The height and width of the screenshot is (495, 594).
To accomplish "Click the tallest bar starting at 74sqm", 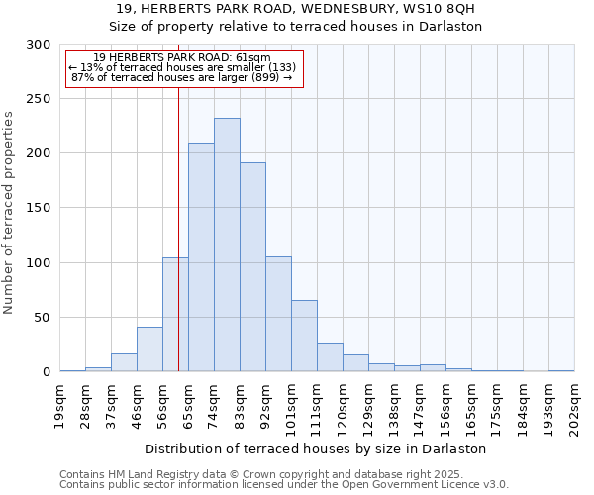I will coord(227,246).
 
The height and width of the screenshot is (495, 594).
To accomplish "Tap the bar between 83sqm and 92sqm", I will coord(252,267).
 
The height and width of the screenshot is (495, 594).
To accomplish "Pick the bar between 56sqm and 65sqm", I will coord(175,315).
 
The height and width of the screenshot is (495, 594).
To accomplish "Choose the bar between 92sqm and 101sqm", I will coord(278,315).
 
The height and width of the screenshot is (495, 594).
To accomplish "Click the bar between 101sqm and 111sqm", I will coord(304,336).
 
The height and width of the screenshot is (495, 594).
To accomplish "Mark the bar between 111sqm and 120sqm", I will coord(330,357).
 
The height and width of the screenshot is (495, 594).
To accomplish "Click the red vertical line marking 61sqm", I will coord(178,198).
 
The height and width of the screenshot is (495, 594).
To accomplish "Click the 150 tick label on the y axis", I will coord(39,208).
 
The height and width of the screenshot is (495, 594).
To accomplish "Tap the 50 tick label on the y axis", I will coord(43,318).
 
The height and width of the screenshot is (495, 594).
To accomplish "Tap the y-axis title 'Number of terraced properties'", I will coord(9,213).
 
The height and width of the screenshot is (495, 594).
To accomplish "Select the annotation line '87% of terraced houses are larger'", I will coord(182,77).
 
